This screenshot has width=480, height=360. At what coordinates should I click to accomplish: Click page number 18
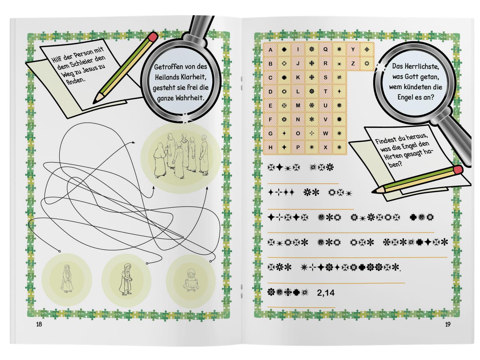pos(39,324)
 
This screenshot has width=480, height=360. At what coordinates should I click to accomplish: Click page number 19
pos(448,324)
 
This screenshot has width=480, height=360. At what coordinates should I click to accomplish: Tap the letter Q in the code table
pos(325,49)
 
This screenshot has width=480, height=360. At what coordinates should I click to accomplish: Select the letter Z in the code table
pos(353,63)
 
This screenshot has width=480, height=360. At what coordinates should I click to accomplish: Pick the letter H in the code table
pos(270,147)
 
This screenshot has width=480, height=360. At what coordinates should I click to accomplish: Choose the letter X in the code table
pos(325,147)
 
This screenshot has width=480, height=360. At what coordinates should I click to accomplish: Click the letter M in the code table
pos(298,105)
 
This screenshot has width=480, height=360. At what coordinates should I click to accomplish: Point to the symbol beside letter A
pos(284,49)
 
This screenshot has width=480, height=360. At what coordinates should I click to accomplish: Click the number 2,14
pos(325,293)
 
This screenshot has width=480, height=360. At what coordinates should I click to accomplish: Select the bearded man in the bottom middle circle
pos(126,279)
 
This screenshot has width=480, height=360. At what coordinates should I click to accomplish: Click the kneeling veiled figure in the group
pos(160,160)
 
